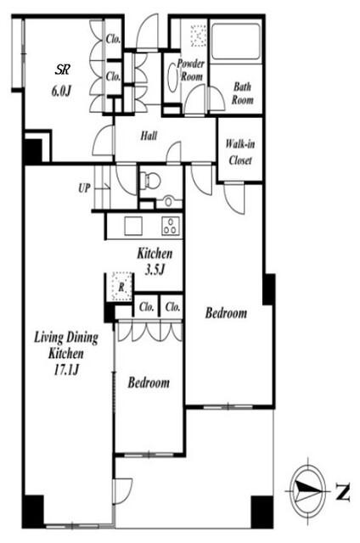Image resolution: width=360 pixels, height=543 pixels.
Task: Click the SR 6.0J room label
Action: click(62, 81)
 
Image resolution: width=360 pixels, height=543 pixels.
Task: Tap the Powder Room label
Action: click(190, 70)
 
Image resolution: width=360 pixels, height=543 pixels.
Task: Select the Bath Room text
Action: click(243, 92)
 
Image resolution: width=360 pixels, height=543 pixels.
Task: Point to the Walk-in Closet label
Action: click(240, 152)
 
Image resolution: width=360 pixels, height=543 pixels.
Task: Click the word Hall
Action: click(149, 136)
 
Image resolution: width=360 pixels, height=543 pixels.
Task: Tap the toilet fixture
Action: click(151, 180)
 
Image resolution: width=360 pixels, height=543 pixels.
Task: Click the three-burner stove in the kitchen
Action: click(171, 226)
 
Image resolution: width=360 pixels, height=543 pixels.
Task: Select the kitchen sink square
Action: click(133, 226)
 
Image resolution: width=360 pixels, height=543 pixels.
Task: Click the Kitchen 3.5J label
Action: click(155, 261)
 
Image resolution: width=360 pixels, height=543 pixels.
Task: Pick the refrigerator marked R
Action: click(121, 286)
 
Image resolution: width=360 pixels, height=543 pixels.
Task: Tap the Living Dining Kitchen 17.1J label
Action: click(66, 354)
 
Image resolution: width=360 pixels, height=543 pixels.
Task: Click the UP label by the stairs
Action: click(84, 188)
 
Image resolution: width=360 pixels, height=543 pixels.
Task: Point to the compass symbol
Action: click(307, 491)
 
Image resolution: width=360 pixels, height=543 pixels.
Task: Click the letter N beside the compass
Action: click(342, 491)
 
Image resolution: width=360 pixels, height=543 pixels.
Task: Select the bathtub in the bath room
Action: click(236, 42)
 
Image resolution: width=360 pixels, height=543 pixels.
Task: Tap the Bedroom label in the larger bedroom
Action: click(226, 313)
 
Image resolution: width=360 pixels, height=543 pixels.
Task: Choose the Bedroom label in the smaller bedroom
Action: click(149, 383)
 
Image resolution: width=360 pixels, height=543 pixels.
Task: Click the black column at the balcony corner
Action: click(262, 512)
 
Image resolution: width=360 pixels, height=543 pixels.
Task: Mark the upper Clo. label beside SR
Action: click(113, 39)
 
